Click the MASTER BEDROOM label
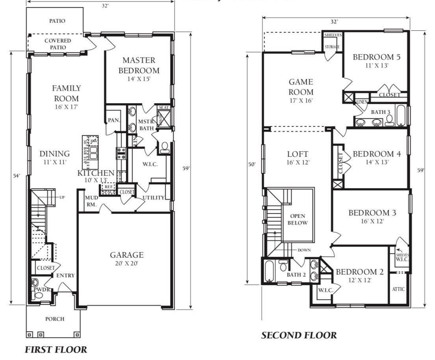click(139, 66)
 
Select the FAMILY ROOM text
click(67, 93)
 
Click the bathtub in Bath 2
click(269, 271)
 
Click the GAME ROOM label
click(301, 87)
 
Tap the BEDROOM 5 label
click(376, 58)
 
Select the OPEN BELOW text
click(298, 219)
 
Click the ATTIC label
click(398, 289)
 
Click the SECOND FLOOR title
click(299, 335)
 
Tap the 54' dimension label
click(16, 176)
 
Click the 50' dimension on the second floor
click(252, 164)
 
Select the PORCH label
click(55, 319)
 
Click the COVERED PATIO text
click(58, 44)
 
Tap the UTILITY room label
click(154, 197)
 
